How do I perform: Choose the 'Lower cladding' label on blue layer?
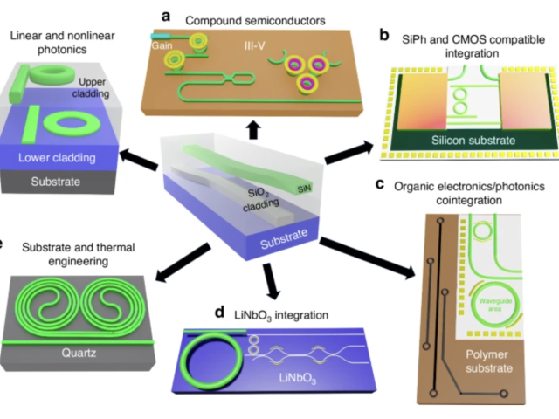click(59, 158)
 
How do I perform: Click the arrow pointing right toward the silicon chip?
click(352, 149)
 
